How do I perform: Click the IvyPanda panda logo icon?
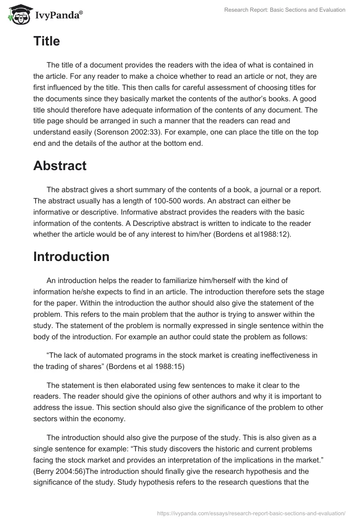coord(17,13)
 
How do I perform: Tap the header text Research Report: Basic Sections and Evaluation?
coord(284,10)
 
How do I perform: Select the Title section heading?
coord(46,41)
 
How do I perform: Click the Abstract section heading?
coord(60,165)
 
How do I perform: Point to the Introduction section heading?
coord(71,256)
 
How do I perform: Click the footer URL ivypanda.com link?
coord(251,513)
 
